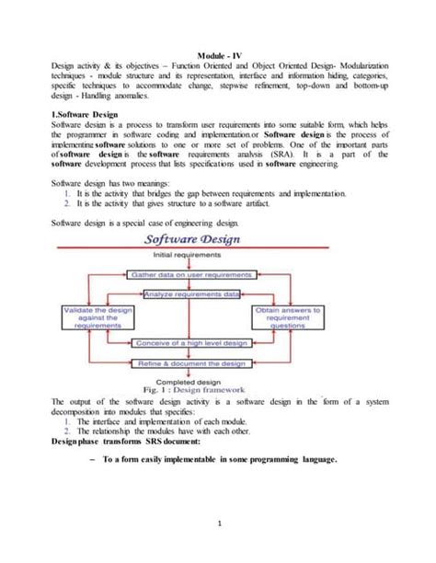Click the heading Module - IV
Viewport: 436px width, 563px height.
tap(218, 54)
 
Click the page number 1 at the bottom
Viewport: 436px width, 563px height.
tap(218, 524)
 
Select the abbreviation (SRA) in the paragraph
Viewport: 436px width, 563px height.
tap(295, 155)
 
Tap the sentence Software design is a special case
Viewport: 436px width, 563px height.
tap(148, 223)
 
